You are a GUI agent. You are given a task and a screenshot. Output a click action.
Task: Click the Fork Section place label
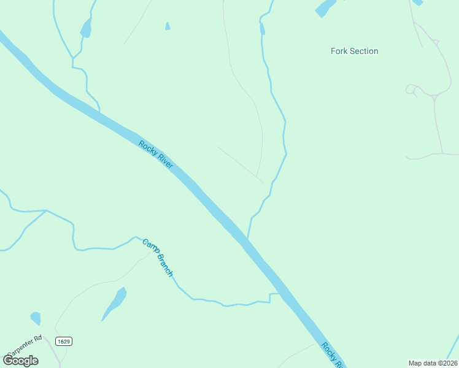point(354,52)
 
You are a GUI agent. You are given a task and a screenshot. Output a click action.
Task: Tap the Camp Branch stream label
point(158,258)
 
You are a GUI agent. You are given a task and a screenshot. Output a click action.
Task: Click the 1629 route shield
point(63,341)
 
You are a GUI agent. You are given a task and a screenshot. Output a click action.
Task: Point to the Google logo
point(21,361)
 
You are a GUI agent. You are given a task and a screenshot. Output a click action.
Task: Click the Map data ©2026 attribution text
point(432,363)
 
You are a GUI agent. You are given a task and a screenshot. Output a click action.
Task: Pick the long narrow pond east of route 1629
point(115,303)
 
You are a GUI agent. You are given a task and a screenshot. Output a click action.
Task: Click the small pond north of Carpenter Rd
point(36,318)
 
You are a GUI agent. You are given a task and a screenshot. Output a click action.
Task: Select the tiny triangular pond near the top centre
point(168,26)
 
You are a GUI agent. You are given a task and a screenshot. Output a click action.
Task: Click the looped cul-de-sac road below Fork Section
point(411,90)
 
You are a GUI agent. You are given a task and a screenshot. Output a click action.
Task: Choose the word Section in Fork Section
point(364,52)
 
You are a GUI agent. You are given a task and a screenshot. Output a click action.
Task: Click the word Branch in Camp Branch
point(163,265)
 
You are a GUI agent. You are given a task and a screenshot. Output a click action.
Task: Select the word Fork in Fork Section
point(339,52)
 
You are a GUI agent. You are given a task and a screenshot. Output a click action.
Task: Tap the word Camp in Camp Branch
point(149,246)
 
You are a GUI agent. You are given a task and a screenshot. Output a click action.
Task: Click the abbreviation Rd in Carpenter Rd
point(37,338)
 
